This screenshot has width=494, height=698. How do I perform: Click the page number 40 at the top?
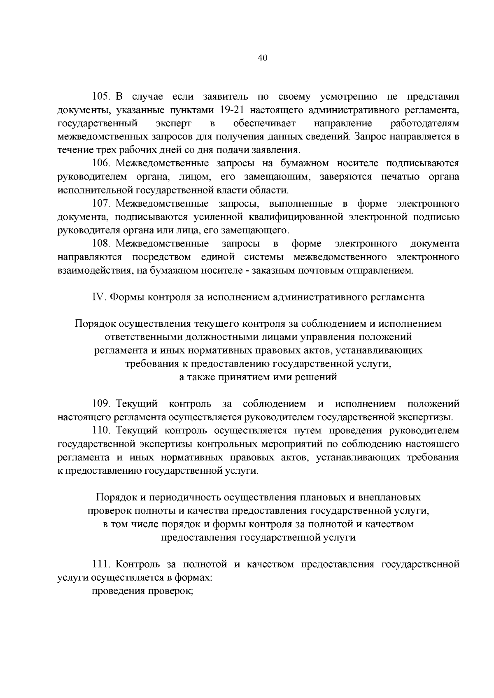tap(262, 58)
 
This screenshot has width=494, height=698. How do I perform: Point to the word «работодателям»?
tap(424, 123)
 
